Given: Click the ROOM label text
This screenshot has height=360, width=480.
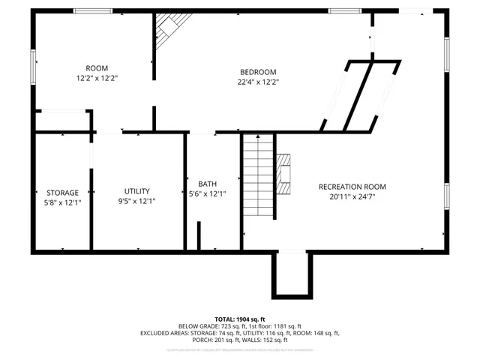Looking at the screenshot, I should [x=97, y=67].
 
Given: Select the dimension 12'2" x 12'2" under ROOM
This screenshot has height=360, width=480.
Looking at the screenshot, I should [x=97, y=77].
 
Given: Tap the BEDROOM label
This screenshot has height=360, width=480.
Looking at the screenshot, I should [x=258, y=72].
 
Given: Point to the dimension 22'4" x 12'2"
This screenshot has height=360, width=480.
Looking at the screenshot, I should [x=258, y=82].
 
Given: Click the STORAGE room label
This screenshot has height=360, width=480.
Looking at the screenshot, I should [x=62, y=193].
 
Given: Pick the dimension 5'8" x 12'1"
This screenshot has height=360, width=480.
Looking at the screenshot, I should [x=62, y=202].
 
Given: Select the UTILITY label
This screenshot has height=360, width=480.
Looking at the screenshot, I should [x=137, y=190].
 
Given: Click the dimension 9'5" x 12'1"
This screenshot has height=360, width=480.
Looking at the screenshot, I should [x=137, y=201].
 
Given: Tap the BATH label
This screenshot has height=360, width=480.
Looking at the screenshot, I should [x=207, y=184].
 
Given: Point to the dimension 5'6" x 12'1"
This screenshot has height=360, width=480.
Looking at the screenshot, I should [x=207, y=193].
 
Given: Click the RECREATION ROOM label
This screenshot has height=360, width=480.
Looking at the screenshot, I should [x=352, y=187].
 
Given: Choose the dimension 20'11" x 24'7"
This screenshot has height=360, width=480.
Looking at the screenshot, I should [x=352, y=197].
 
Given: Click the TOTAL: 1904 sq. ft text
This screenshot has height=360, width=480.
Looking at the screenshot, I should [x=241, y=319].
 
